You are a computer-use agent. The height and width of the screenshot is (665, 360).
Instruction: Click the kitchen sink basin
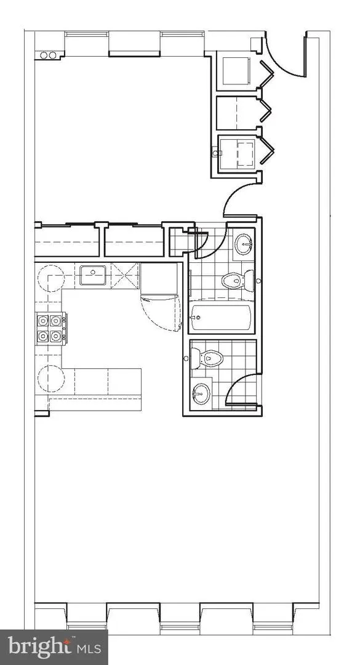[92, 275]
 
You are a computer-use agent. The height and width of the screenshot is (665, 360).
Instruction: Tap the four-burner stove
[50, 328]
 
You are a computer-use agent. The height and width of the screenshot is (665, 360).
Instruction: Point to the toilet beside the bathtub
[238, 280]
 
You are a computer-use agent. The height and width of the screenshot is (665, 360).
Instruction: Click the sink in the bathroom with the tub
[244, 244]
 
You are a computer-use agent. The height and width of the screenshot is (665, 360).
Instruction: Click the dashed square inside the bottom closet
[245, 153]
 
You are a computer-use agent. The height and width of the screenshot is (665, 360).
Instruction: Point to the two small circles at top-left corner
[48, 55]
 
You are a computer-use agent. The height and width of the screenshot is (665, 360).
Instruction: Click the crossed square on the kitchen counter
[125, 276]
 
